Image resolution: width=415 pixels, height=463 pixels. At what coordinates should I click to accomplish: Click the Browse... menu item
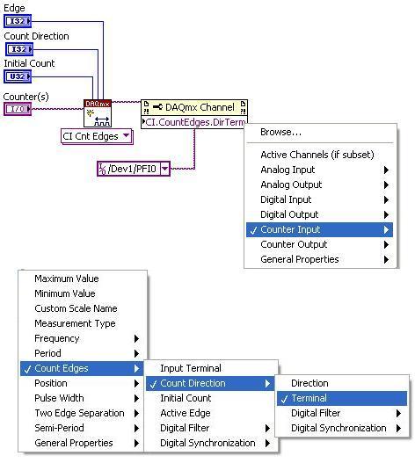pyautogui.click(x=280, y=132)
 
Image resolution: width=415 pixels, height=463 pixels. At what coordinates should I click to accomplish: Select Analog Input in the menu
pyautogui.click(x=288, y=170)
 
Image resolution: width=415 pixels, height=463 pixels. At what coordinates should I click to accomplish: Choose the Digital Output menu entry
pyautogui.click(x=289, y=214)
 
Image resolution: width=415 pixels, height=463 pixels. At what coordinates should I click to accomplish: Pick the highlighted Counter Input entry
pyautogui.click(x=319, y=229)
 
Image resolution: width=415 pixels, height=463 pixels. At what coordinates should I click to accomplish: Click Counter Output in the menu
pyautogui.click(x=294, y=244)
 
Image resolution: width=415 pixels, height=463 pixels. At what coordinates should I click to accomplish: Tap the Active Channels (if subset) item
pyautogui.click(x=317, y=155)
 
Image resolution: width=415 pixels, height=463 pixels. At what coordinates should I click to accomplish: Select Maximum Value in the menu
pyautogui.click(x=67, y=279)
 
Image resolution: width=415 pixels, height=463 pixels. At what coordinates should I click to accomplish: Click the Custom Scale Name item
pyautogui.click(x=76, y=308)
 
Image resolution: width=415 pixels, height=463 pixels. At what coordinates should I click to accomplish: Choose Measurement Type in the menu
pyautogui.click(x=75, y=323)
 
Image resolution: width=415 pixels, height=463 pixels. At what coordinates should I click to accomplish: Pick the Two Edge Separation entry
pyautogui.click(x=79, y=413)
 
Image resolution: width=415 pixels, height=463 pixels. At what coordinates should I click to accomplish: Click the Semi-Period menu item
pyautogui.click(x=59, y=428)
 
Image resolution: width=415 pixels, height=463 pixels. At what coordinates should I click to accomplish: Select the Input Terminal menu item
pyautogui.click(x=191, y=368)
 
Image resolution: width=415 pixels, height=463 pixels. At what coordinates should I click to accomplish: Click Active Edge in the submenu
pyautogui.click(x=186, y=413)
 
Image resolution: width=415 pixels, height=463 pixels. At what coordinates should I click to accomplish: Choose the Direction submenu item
pyautogui.click(x=309, y=383)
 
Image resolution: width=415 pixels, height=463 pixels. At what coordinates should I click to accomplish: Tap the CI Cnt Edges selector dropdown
pyautogui.click(x=97, y=136)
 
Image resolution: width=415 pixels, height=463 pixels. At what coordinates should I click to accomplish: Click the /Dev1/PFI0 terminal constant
pyautogui.click(x=134, y=169)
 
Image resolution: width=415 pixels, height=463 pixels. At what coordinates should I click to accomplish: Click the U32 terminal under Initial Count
pyautogui.click(x=18, y=76)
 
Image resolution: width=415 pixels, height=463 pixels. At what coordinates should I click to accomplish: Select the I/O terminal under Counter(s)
pyautogui.click(x=18, y=109)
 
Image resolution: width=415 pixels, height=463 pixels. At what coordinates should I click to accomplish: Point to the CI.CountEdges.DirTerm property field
pyautogui.click(x=194, y=122)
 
